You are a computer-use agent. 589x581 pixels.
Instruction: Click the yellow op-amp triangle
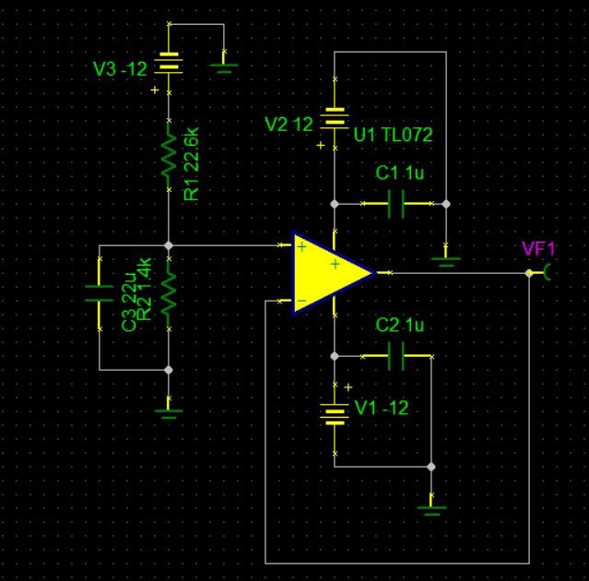pyautogui.click(x=327, y=273)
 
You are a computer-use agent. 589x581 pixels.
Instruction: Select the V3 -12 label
pyautogui.click(x=120, y=69)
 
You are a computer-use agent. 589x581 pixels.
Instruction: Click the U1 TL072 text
pyautogui.click(x=393, y=136)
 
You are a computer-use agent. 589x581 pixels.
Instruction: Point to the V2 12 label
pyautogui.click(x=289, y=124)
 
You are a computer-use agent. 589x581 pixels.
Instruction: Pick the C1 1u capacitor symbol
pyautogui.click(x=395, y=204)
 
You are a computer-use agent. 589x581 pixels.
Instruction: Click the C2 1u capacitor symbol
pyautogui.click(x=395, y=356)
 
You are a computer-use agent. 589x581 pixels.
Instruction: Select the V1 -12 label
pyautogui.click(x=381, y=408)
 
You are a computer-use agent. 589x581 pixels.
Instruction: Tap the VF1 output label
pyautogui.click(x=538, y=248)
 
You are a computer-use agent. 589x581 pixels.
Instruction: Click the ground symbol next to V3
pyautogui.click(x=224, y=64)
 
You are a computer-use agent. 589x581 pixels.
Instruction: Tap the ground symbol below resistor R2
pyautogui.click(x=169, y=409)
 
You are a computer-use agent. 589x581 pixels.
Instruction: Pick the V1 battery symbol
pyautogui.click(x=335, y=412)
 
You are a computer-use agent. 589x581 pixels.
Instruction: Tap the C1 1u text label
pyautogui.click(x=399, y=173)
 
